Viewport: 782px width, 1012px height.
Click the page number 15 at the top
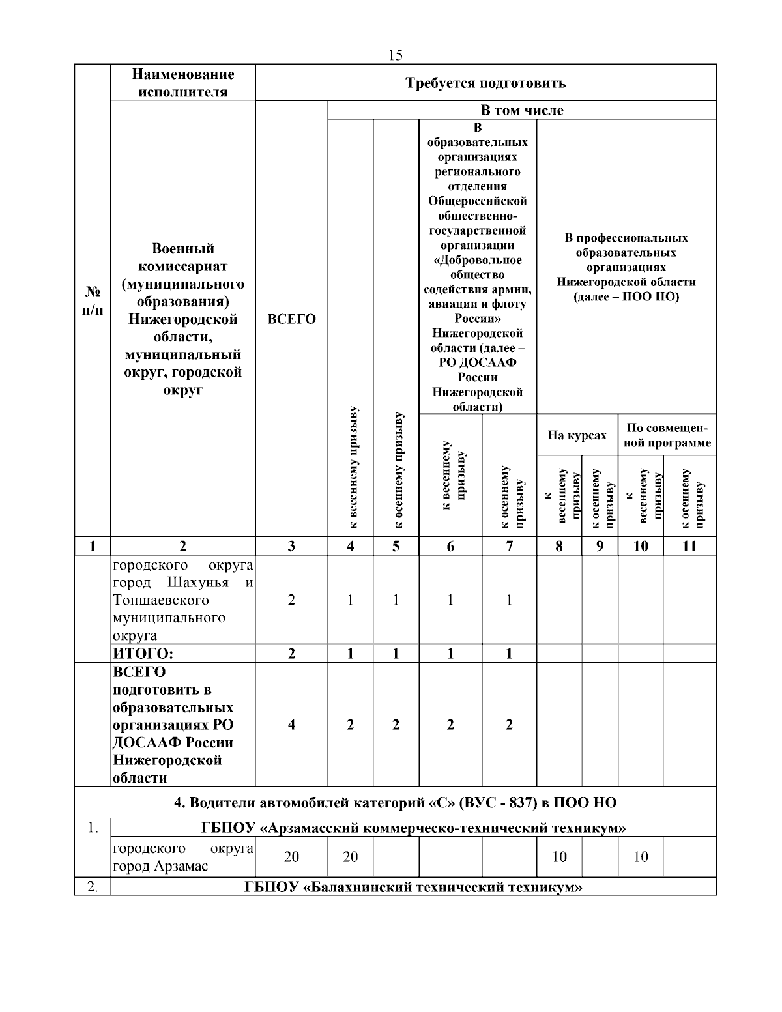pos(395,55)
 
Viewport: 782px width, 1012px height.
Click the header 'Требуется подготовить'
pos(485,83)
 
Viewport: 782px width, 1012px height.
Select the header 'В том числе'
pos(522,111)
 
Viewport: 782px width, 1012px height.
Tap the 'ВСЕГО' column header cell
pos(291,319)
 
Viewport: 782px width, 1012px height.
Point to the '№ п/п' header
pos(92,300)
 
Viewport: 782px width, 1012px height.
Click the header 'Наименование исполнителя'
pos(183,83)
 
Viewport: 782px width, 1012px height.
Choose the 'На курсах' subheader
pos(577,435)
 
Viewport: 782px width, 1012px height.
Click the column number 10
pos(641,546)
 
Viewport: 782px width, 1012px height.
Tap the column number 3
pos(291,546)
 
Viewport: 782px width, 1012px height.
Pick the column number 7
pos(509,546)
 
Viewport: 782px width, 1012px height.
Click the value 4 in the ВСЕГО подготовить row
pos(291,725)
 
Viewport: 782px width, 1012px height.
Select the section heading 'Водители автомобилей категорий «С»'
pos(395,802)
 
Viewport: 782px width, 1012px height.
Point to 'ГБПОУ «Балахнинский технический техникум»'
pos(413,887)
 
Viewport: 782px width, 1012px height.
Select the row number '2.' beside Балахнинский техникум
pos(92,887)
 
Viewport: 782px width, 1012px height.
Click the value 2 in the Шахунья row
pos(291,600)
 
